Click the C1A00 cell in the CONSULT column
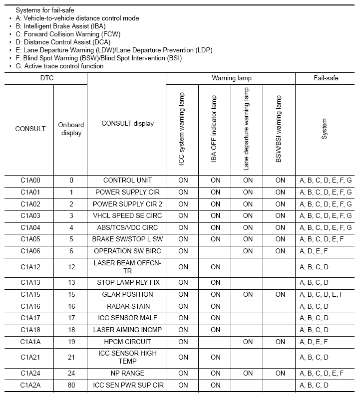(x=30, y=180)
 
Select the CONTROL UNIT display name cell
(x=127, y=180)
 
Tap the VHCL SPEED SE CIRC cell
(x=127, y=215)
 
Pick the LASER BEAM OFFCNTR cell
(x=127, y=267)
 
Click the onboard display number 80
(x=71, y=385)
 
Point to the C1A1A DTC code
(x=30, y=342)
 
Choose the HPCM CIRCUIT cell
(x=127, y=342)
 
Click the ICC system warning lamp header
(x=183, y=129)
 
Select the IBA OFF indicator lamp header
(x=215, y=129)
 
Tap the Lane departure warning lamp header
(x=247, y=129)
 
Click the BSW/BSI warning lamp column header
(x=280, y=129)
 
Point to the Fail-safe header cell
(x=326, y=78)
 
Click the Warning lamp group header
(x=231, y=78)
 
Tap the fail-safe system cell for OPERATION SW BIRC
(x=326, y=251)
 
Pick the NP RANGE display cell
(x=127, y=373)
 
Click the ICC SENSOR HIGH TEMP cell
(x=127, y=357)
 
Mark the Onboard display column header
(x=71, y=129)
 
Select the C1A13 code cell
(x=30, y=282)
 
